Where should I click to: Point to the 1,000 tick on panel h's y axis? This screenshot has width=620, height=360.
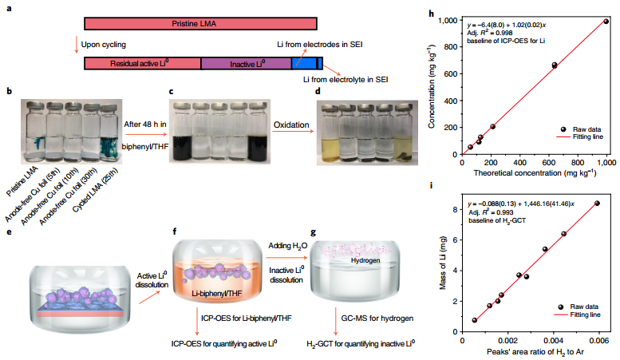coord(444,19)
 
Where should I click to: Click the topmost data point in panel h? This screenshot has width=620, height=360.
coord(606,22)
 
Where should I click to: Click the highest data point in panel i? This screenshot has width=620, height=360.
coord(597,204)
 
